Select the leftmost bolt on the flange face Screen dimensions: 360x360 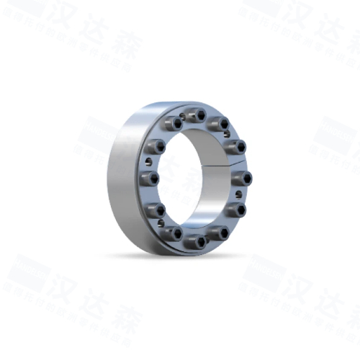(152, 177)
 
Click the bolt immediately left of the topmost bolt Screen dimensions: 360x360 (174, 124)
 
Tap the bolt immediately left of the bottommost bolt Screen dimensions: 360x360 (174, 234)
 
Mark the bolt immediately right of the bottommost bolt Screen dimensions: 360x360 (220, 233)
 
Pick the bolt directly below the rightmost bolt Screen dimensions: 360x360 (238, 210)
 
